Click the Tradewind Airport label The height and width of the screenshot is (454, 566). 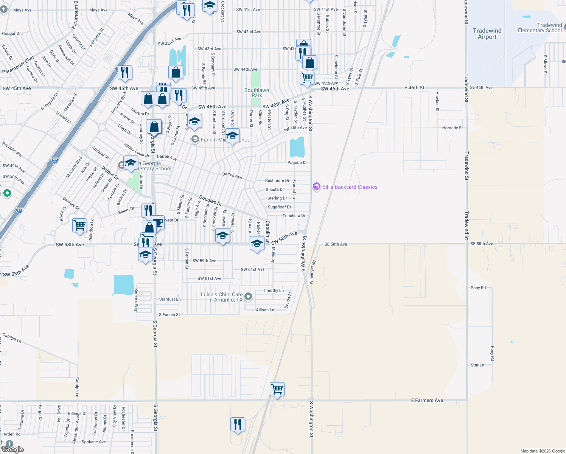487,34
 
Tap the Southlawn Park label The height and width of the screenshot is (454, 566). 257,93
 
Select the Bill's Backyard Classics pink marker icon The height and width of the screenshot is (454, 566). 317,187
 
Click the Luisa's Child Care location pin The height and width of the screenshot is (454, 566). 248,297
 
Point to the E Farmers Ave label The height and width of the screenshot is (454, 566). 427,400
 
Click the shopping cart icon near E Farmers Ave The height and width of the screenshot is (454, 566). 277,389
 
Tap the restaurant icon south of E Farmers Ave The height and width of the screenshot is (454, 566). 238,424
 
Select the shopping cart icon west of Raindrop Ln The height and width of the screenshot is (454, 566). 80,225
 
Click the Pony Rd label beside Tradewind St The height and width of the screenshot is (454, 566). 478,288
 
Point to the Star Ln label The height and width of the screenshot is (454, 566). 477,365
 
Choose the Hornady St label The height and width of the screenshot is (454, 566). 452,128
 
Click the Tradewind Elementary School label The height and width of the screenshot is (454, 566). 540,28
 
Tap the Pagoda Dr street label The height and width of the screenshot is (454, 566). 297,163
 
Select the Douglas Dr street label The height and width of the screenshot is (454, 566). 210,201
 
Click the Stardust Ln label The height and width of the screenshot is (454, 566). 169,299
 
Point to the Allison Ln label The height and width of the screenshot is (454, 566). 265,310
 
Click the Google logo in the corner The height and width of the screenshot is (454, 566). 12,449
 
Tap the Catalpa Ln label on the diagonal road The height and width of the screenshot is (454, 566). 12,337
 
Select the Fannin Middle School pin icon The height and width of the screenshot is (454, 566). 195,140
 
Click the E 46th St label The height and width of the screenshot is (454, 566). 414,88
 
